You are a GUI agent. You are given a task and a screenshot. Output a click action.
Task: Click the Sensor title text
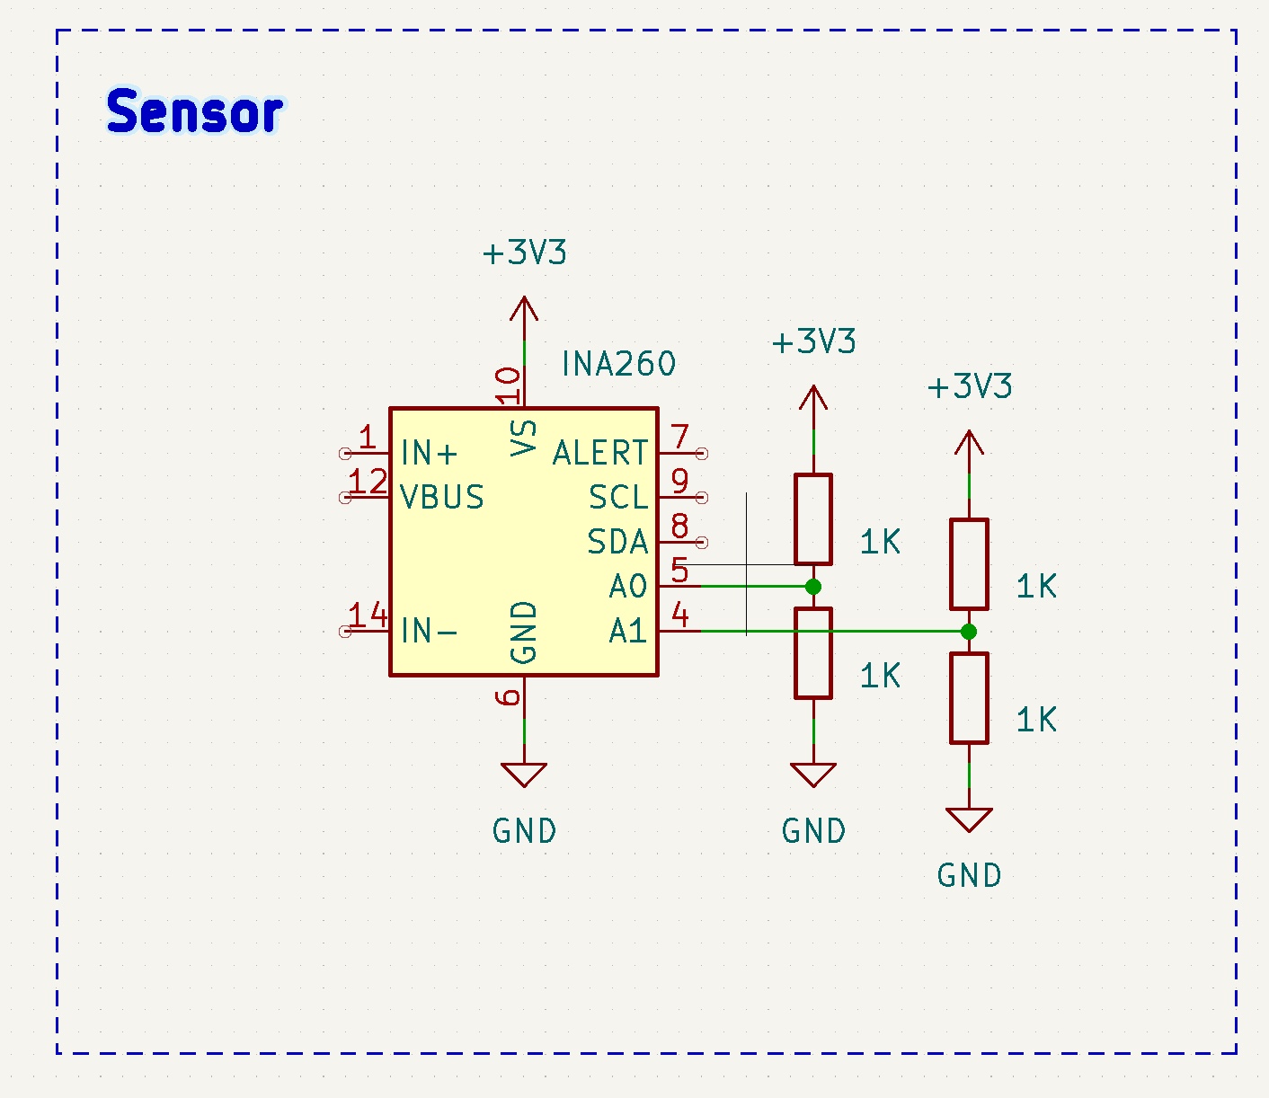point(195,111)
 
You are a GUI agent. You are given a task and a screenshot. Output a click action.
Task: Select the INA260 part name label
point(618,364)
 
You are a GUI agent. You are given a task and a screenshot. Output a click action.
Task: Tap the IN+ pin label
point(429,454)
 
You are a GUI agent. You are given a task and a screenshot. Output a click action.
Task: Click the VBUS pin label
point(442,497)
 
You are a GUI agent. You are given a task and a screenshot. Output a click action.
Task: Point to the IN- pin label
point(429,631)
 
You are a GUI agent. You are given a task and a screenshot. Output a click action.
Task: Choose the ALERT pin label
point(600,454)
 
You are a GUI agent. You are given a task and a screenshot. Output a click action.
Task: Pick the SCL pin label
point(619,497)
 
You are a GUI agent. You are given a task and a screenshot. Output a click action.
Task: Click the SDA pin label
point(617,542)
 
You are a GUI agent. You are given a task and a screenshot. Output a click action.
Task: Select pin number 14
point(368,615)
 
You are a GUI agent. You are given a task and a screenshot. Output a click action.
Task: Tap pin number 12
point(368,482)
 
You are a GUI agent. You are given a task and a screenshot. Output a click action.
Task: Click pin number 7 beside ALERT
point(679,437)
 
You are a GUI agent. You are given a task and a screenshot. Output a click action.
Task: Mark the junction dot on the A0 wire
point(812,587)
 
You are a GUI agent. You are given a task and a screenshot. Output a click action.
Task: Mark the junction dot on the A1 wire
point(969,632)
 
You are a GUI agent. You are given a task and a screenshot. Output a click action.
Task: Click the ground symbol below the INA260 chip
point(524,775)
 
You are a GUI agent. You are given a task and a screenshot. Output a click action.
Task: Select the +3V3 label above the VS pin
point(524,252)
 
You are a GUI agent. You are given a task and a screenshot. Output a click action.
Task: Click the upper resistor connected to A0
point(813,519)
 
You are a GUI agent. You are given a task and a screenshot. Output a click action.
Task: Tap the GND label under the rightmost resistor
point(969,875)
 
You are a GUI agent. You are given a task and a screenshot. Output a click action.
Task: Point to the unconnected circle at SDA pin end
point(702,543)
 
